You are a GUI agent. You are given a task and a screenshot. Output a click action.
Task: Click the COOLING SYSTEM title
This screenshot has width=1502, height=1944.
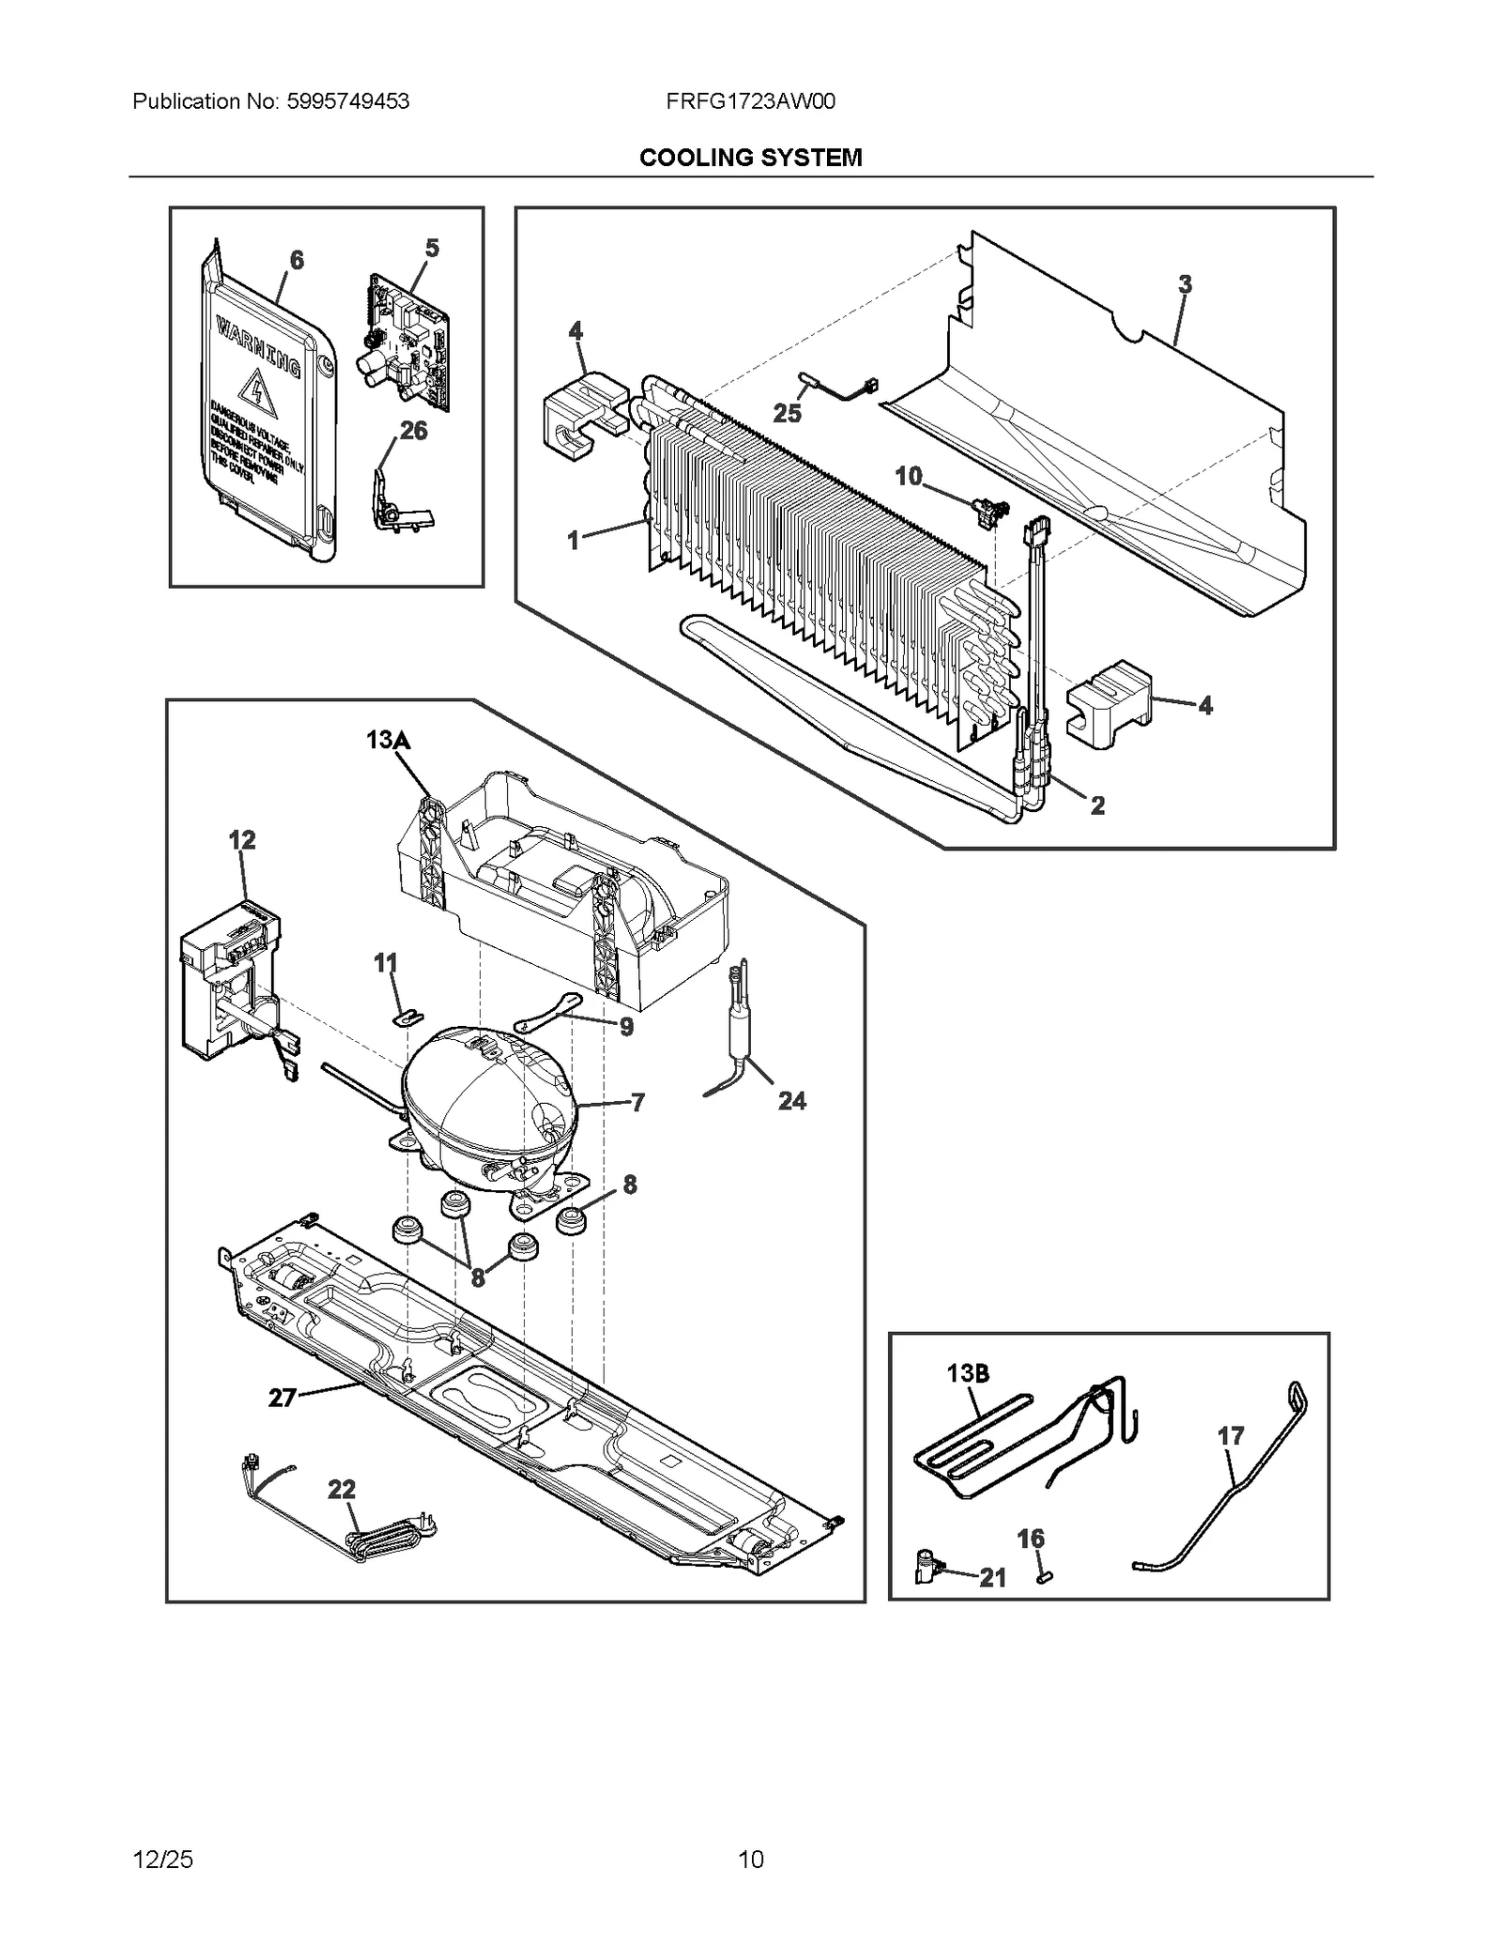[x=750, y=158]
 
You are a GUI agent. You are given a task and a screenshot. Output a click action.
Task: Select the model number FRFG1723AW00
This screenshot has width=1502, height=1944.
[x=750, y=101]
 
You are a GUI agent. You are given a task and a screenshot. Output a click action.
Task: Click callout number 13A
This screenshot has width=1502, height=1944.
[x=388, y=741]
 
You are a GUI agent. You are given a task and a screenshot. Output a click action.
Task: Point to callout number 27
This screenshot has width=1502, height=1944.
[x=282, y=1398]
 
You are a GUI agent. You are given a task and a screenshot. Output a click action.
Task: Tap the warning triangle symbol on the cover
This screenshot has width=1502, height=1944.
[x=253, y=387]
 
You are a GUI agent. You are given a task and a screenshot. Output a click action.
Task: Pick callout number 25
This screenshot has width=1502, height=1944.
[x=787, y=413]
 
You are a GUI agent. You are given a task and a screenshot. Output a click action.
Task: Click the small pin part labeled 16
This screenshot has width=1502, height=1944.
[x=1042, y=1577]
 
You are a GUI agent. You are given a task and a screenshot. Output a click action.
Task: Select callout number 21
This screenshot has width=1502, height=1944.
[x=992, y=1578]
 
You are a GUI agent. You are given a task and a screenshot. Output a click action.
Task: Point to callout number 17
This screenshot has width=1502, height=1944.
[x=1230, y=1435]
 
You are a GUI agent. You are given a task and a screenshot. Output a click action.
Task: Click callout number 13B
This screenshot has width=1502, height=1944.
[x=967, y=1373]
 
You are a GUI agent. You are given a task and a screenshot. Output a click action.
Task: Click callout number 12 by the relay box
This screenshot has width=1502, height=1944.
[x=241, y=839]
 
